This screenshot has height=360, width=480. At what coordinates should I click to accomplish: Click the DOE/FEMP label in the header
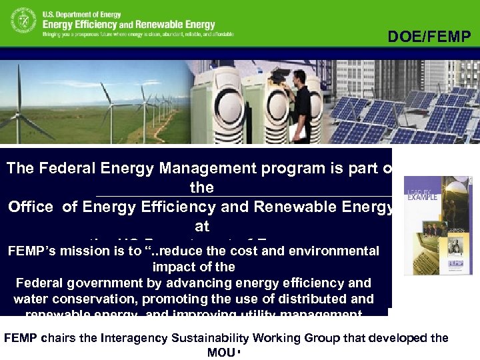pos(429,37)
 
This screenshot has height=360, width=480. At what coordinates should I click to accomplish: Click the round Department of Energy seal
pos(23,21)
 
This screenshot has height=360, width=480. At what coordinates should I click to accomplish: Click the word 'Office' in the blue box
pos(31,207)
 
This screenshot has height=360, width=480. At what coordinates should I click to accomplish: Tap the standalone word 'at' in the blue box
pos(201,226)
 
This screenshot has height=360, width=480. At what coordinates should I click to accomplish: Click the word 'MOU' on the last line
pos(220,352)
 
